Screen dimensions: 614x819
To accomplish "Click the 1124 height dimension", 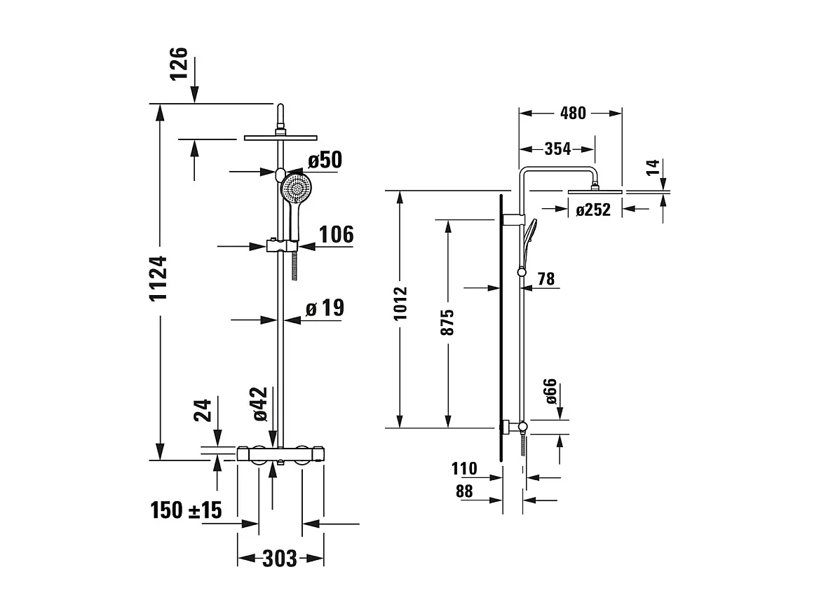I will (160, 278).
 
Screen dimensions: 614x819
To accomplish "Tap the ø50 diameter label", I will (325, 161).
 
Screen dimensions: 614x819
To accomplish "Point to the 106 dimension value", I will (337, 235).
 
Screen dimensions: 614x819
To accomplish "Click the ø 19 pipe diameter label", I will (325, 308).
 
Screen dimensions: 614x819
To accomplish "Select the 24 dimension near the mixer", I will (202, 410).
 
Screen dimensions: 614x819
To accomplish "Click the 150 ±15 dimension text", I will (186, 510).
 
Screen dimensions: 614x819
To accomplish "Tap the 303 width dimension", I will (280, 559).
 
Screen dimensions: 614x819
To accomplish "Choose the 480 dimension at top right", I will (573, 113).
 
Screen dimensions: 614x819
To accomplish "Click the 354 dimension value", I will (558, 149).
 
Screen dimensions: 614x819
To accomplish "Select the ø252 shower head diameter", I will (593, 209).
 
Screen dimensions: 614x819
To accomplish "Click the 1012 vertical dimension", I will (400, 303).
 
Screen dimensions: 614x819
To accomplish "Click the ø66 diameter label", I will (550, 391).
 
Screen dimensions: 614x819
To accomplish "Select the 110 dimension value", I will (464, 468).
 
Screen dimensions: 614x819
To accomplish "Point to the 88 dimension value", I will (464, 492).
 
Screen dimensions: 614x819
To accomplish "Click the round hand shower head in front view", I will (297, 188).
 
